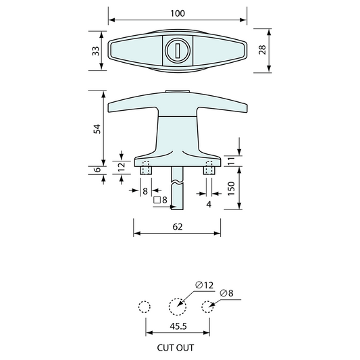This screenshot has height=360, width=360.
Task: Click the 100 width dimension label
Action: point(178,14)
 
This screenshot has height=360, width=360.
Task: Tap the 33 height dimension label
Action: point(96,51)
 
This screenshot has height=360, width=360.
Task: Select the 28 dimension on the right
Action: point(262,50)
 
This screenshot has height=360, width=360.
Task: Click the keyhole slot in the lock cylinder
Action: point(178,51)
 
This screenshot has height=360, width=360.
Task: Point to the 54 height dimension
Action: point(97,129)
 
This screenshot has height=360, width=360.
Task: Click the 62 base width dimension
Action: point(178,227)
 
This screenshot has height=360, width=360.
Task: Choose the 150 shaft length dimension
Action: point(232,188)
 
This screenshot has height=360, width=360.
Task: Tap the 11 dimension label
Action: point(232,161)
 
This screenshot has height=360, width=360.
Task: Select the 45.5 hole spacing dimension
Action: point(178,326)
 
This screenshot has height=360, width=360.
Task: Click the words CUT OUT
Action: point(176,348)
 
